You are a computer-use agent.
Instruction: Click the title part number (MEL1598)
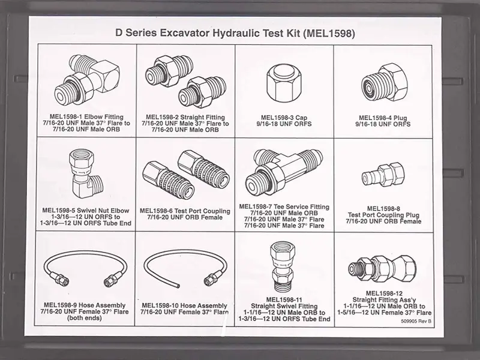coord(329,33)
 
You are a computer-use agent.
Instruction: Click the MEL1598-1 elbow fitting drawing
coord(87,80)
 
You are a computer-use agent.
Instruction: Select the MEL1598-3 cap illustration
coord(284,83)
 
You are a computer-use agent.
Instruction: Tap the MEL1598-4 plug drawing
coord(385,82)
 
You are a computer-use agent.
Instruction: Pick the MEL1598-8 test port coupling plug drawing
coord(383,175)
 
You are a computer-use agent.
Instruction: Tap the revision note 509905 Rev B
coord(416,321)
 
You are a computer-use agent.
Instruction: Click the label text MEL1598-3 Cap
coord(284,118)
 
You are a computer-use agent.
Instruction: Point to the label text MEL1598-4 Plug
coord(383,118)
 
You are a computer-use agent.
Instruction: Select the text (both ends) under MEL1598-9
coord(84,318)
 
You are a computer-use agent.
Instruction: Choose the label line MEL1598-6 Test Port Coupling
coord(185,211)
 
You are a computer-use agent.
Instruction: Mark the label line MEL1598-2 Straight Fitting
coord(185,117)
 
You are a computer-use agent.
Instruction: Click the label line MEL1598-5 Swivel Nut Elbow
coord(86,211)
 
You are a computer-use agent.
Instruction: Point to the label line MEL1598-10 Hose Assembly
coord(184,305)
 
